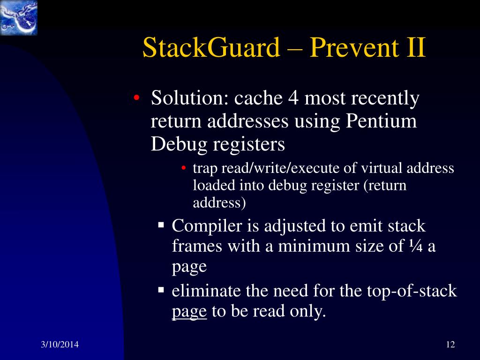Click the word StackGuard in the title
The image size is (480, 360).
211,48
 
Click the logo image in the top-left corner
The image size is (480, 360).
18,18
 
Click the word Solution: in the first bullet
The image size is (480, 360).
189,99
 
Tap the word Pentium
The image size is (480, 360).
381,121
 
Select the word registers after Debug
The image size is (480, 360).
249,144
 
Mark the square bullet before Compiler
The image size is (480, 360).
161,225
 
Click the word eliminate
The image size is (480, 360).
206,291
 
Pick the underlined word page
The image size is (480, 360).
189,312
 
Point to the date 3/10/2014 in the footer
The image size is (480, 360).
59,345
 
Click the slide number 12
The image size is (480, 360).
450,345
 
